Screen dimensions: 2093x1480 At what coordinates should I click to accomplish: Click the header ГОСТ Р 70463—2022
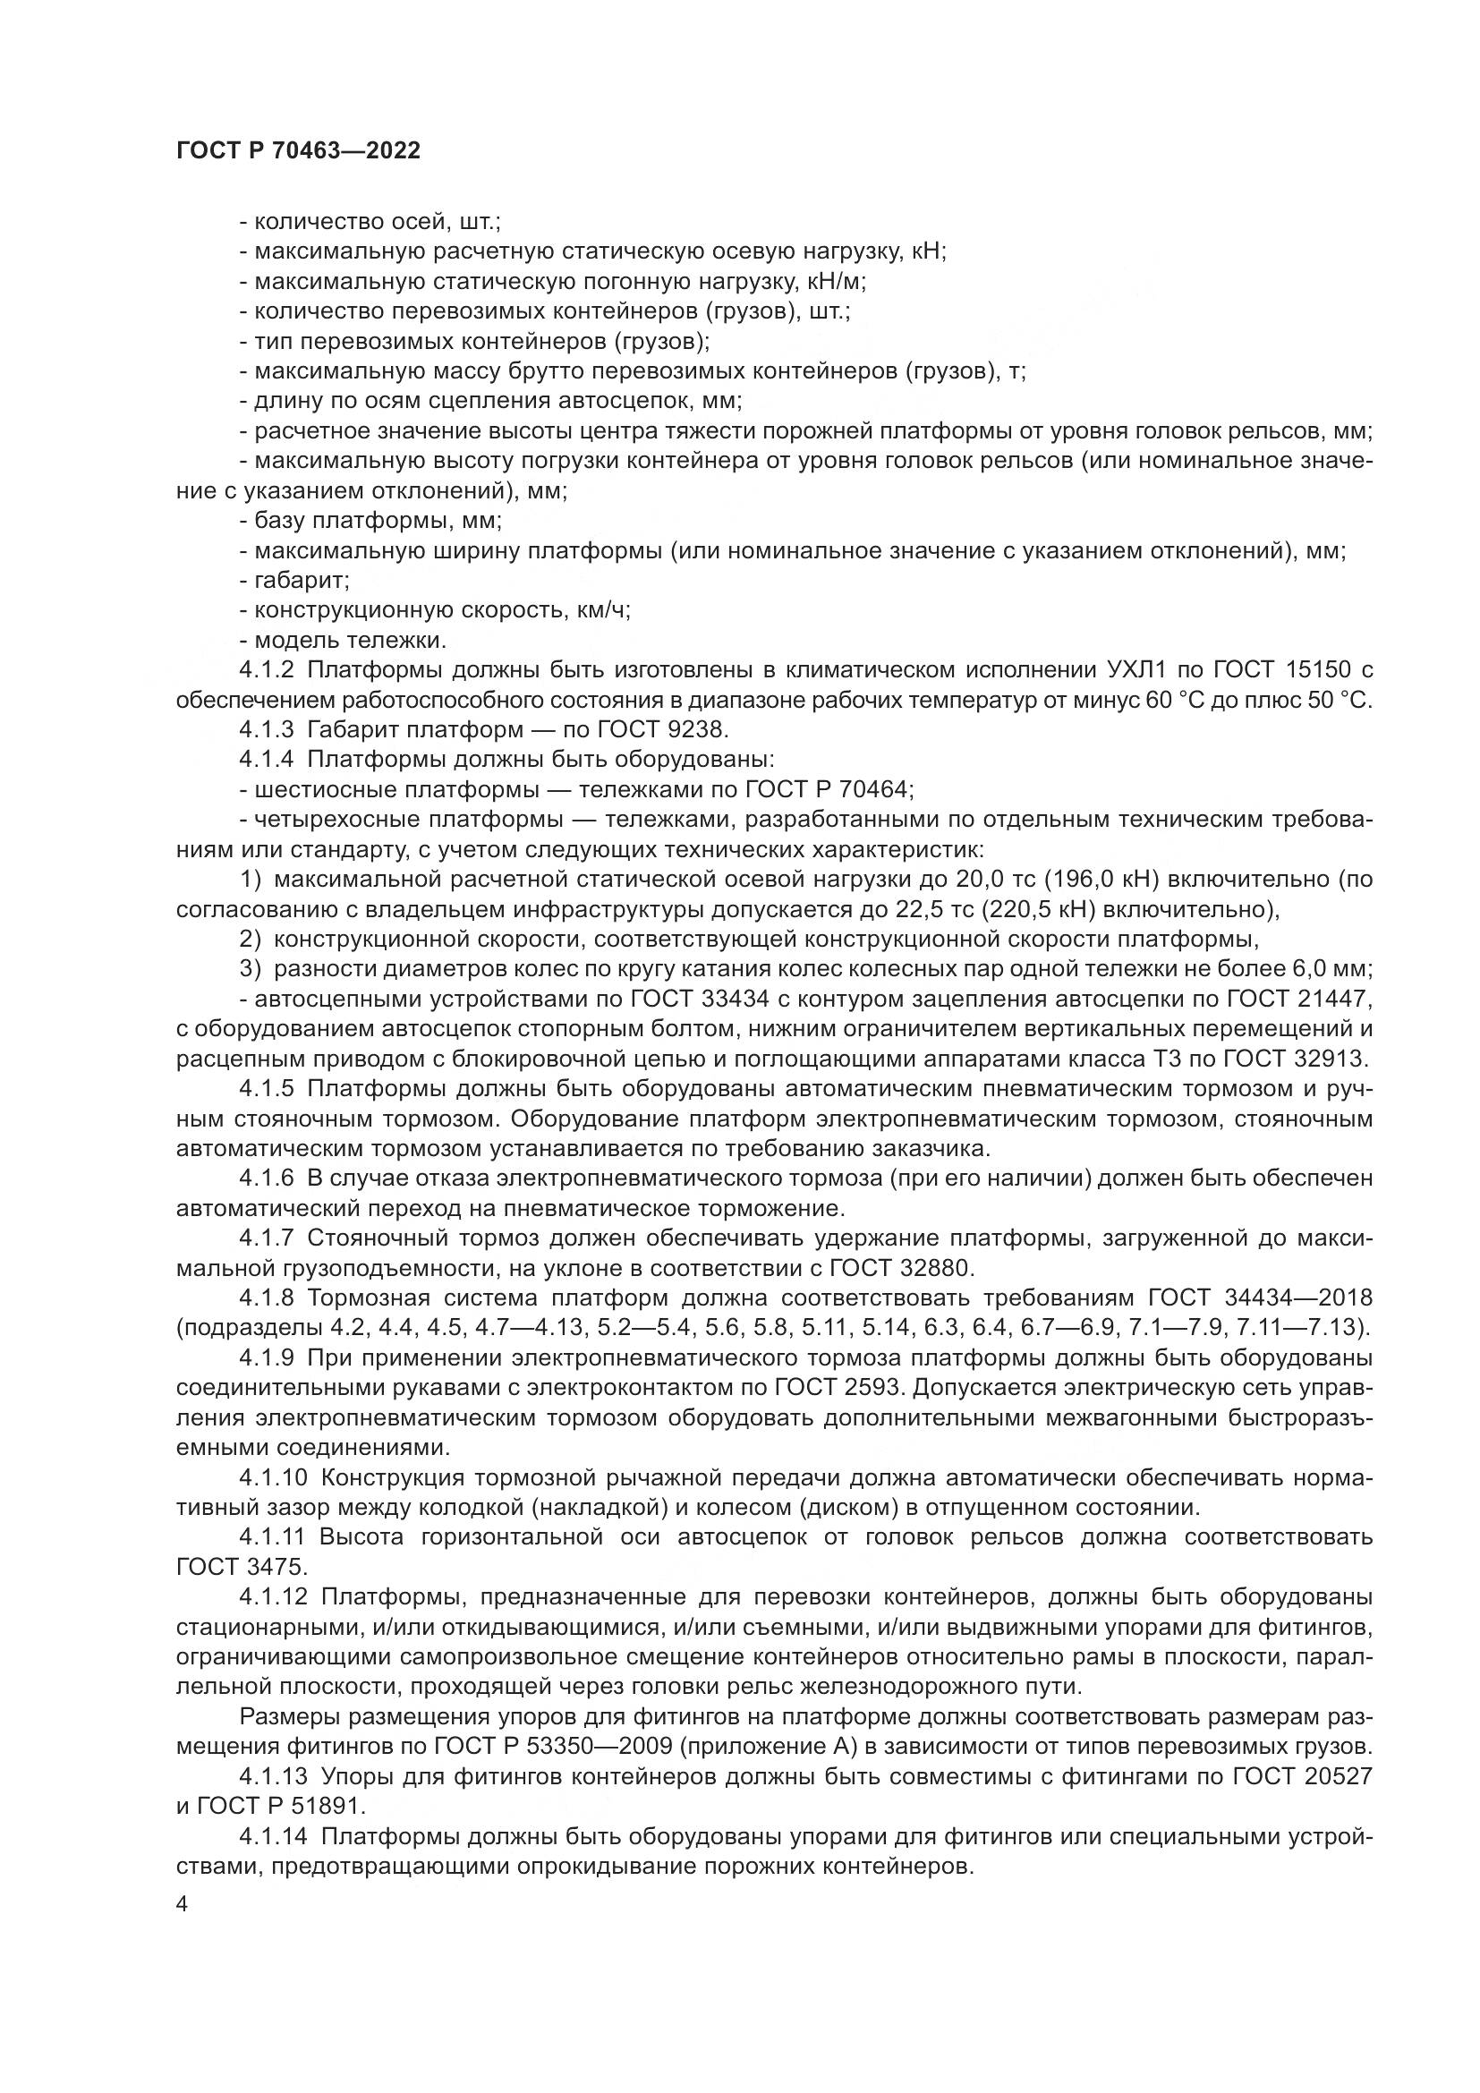pos(298,151)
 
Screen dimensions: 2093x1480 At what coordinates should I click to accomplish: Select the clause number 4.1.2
pos(267,671)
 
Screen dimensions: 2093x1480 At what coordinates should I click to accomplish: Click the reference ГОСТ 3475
pos(242,1567)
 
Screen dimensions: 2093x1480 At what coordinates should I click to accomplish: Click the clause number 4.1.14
pos(274,1837)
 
